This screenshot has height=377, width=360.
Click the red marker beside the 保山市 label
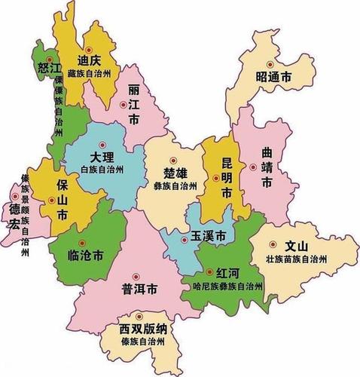(x=50, y=201)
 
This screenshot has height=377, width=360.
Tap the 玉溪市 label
(x=208, y=236)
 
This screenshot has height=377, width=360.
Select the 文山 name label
(x=297, y=246)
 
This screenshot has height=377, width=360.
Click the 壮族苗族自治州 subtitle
(x=297, y=259)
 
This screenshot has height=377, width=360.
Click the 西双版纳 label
(x=146, y=329)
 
